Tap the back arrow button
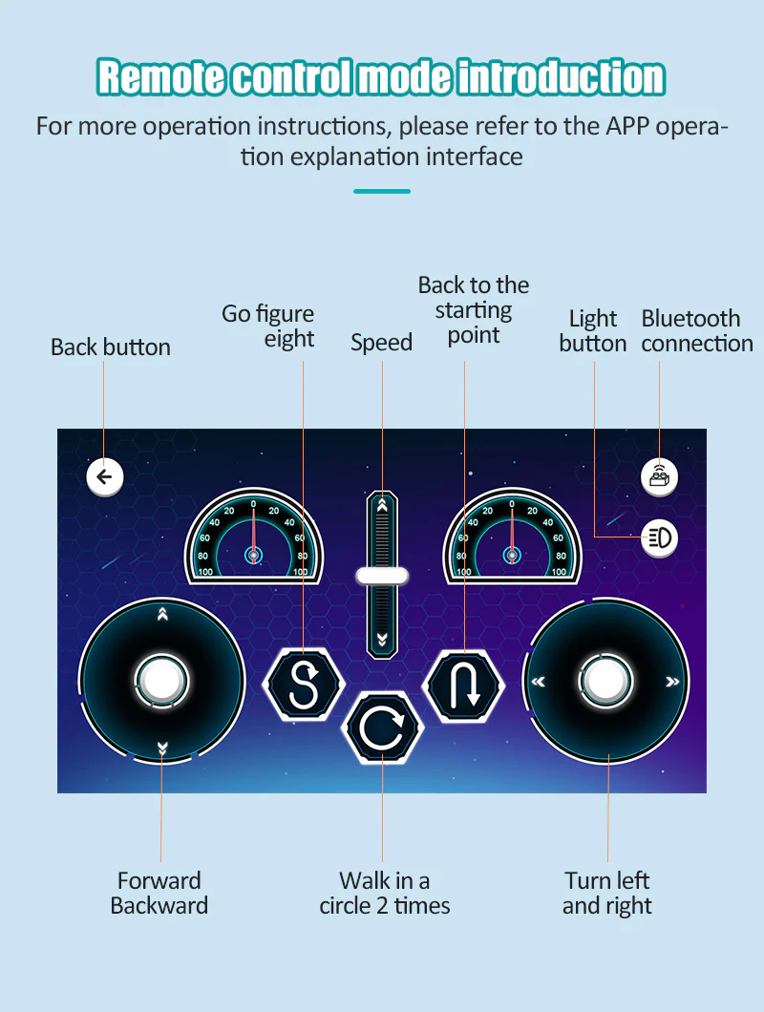[x=104, y=477]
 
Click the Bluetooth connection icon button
[x=659, y=477]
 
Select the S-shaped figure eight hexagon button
[x=304, y=684]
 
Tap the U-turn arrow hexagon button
[x=464, y=685]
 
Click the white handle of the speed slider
[x=382, y=576]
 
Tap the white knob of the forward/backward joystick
[x=161, y=681]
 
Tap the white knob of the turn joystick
[x=605, y=681]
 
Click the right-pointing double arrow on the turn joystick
[x=672, y=682]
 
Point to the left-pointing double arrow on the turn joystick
[x=538, y=682]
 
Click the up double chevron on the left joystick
[x=162, y=614]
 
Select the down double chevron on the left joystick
[x=162, y=748]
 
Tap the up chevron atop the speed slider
[x=382, y=504]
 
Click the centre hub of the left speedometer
[x=254, y=555]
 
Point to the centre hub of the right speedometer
[x=512, y=555]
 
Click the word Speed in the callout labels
[x=381, y=343]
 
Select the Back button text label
[x=111, y=348]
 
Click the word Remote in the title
[x=161, y=76]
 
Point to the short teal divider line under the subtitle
[x=382, y=191]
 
